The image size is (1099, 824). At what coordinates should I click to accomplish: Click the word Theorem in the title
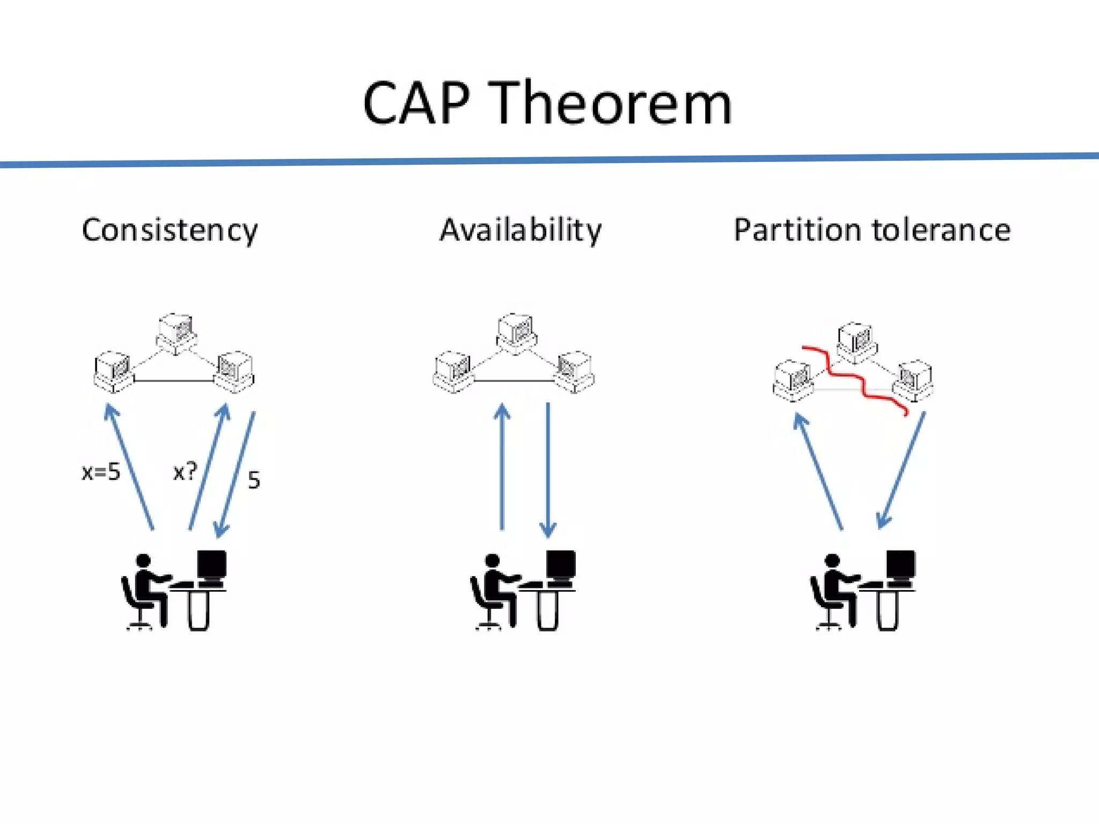pos(612,103)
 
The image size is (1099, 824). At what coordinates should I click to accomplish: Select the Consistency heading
pos(170,231)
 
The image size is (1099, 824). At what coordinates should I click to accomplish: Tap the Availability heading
pos(521,231)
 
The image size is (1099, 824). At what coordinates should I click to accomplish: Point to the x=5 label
pos(101,472)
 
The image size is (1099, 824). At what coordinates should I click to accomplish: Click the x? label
pos(185,472)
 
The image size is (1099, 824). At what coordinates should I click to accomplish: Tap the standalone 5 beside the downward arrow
pos(254,480)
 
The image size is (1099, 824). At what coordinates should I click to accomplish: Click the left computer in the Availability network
pos(454,371)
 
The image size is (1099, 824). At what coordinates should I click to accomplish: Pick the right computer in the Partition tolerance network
pos(913,380)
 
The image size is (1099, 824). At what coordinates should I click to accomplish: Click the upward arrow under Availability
pos(502,467)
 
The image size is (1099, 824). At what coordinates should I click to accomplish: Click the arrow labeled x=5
pos(130,467)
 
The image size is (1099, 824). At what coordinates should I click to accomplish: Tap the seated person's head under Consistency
pos(143,561)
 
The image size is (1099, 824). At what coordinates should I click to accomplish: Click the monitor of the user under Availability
pos(561,564)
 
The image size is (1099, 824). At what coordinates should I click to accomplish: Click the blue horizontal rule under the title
pos(549,160)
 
